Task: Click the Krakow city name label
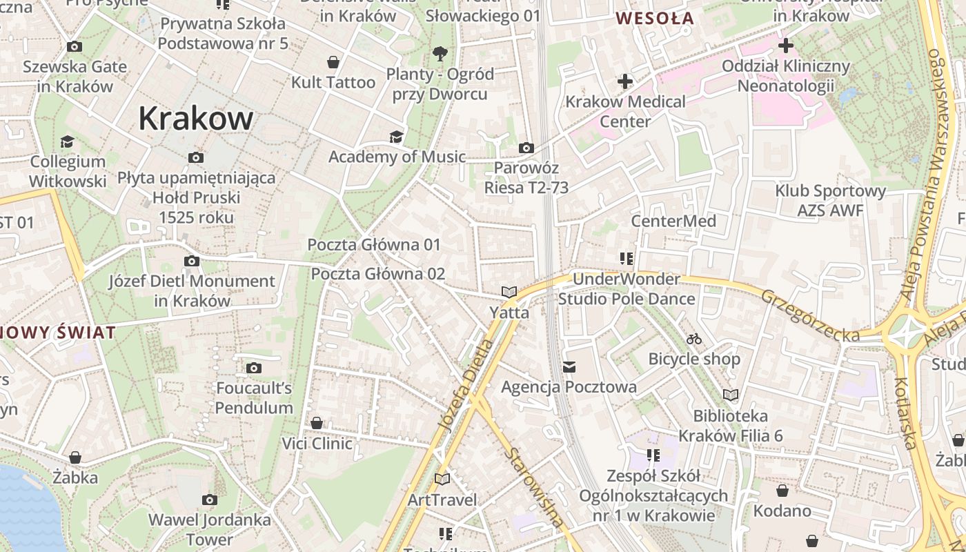[196, 119]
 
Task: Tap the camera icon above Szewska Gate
[75, 47]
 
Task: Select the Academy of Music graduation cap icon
[396, 137]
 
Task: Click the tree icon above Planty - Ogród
[440, 53]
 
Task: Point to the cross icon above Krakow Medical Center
[625, 81]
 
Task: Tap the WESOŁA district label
[655, 19]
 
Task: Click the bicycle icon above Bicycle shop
[694, 339]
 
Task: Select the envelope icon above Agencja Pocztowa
[569, 367]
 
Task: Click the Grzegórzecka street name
[810, 315]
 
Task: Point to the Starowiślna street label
[534, 487]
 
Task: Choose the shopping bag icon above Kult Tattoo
[333, 62]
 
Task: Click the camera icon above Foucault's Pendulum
[254, 368]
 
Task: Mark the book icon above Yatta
[509, 293]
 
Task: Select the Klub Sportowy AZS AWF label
[830, 201]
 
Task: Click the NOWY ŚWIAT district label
[58, 333]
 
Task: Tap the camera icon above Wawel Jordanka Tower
[210, 500]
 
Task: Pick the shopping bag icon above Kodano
[782, 491]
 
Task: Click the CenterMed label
[673, 221]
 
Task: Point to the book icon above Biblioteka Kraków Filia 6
[731, 395]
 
